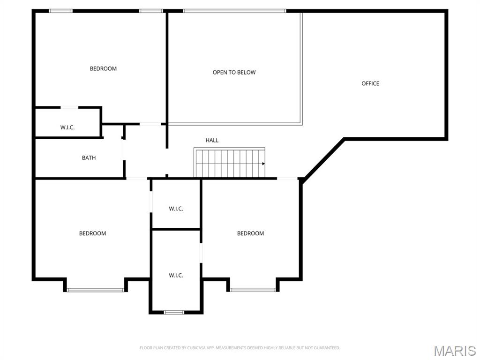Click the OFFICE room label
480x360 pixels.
click(370, 83)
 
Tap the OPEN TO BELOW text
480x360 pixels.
click(234, 72)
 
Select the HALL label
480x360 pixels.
click(212, 140)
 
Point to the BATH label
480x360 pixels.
click(89, 158)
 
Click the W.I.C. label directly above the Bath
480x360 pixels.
click(67, 127)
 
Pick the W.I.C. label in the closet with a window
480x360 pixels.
click(176, 275)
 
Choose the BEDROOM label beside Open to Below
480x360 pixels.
click(103, 68)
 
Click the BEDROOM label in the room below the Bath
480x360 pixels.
click(92, 233)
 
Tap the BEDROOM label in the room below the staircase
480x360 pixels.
click(250, 233)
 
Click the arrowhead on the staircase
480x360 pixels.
click(263, 164)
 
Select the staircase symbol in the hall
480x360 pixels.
click(229, 163)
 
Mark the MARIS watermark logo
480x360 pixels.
click(455, 351)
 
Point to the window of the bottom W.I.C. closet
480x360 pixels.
click(174, 312)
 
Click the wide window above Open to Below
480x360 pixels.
click(234, 11)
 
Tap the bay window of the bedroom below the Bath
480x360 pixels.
click(96, 290)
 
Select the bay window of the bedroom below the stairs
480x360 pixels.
click(253, 290)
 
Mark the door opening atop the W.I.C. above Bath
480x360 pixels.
click(69, 107)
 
